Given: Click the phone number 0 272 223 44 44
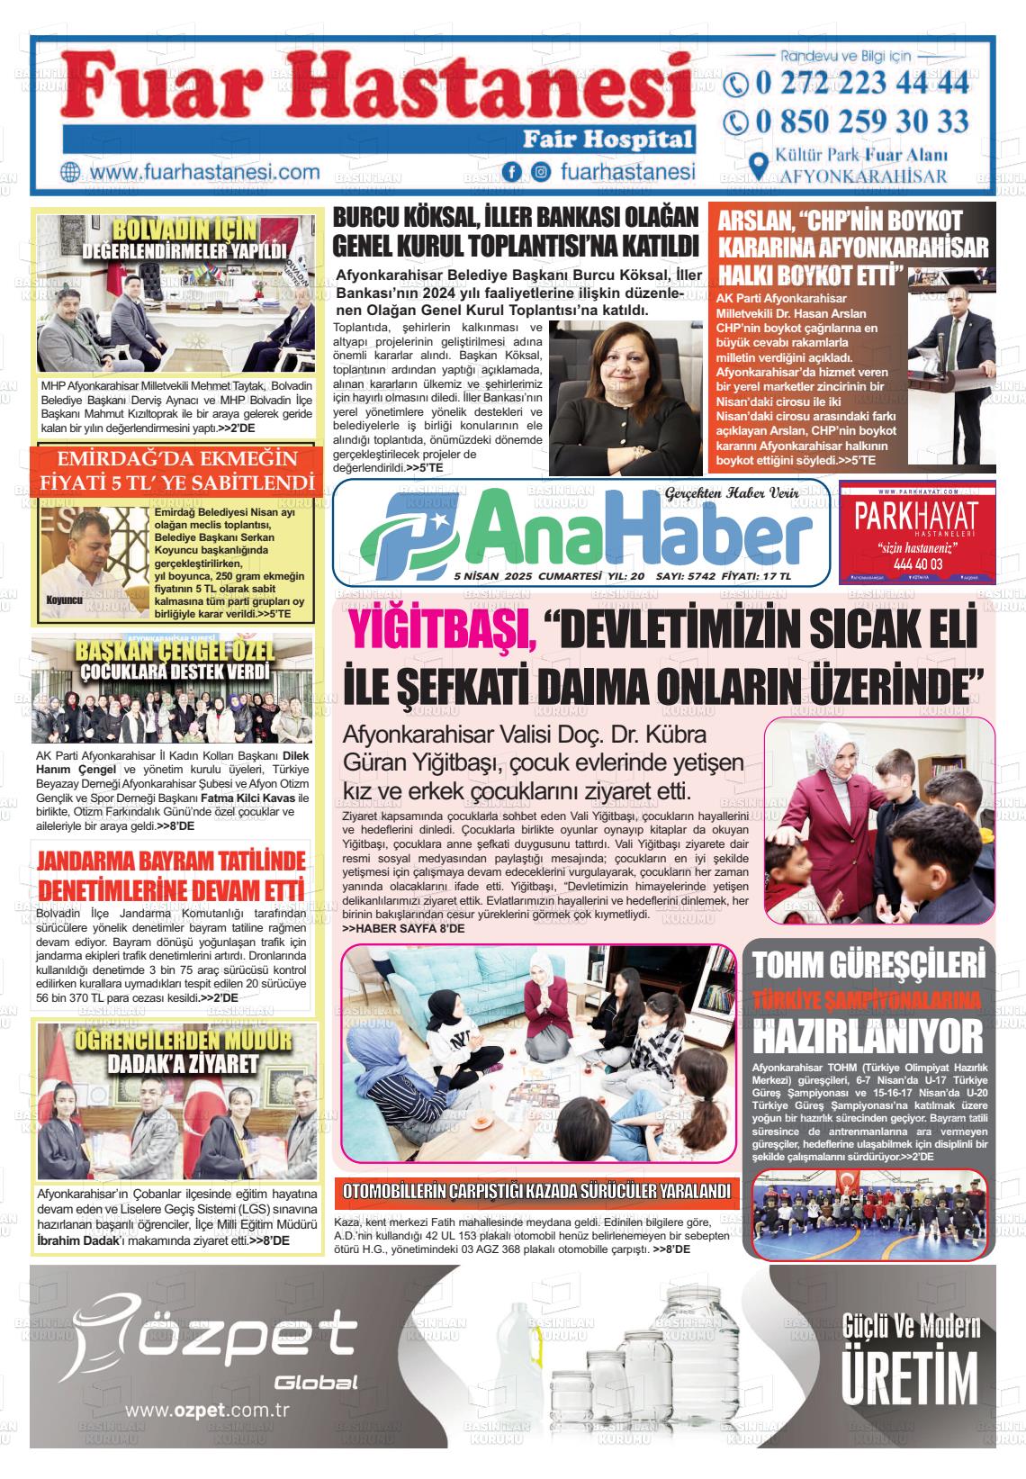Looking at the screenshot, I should click(862, 84).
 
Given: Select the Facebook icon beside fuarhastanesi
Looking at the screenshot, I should click(512, 172).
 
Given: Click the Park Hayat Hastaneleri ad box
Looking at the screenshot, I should click(916, 532).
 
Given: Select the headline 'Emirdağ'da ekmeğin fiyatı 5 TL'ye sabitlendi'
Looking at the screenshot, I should click(176, 471).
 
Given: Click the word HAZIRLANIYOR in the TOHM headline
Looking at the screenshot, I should click(868, 1035).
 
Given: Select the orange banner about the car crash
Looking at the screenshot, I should click(536, 1191).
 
